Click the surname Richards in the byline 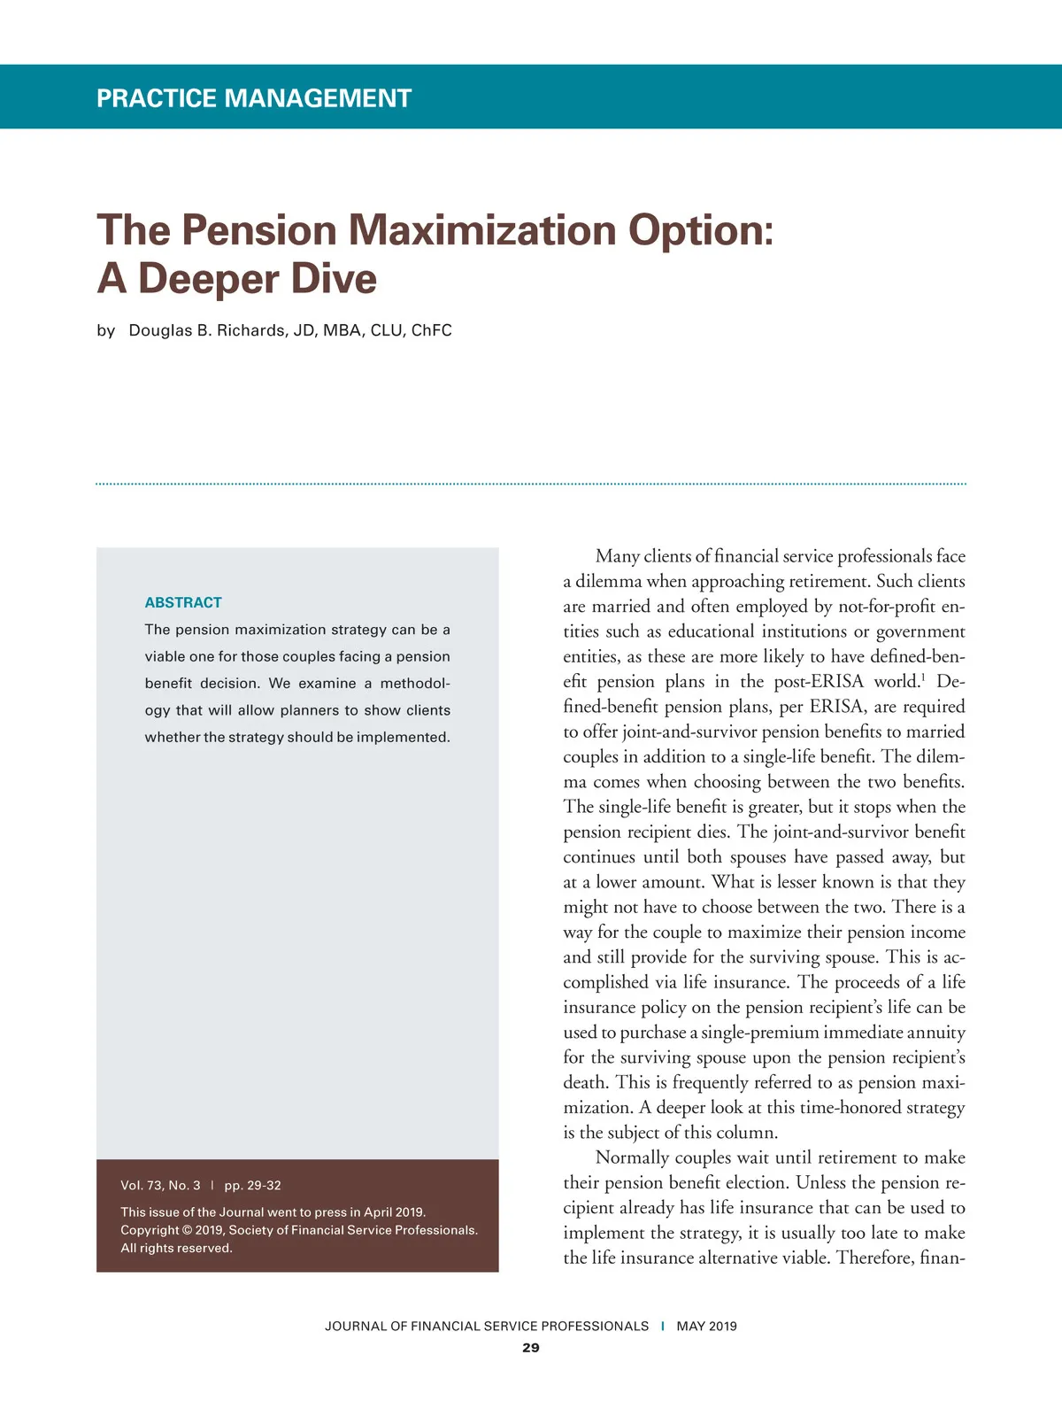(x=251, y=330)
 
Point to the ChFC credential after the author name (x=431, y=330)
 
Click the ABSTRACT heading (x=183, y=602)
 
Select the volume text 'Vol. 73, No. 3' (x=160, y=1185)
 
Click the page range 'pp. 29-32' (x=252, y=1185)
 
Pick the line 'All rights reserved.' (x=176, y=1248)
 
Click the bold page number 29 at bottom (x=531, y=1348)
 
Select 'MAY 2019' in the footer (x=706, y=1326)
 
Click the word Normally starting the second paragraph (x=632, y=1157)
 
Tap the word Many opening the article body (x=617, y=556)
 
